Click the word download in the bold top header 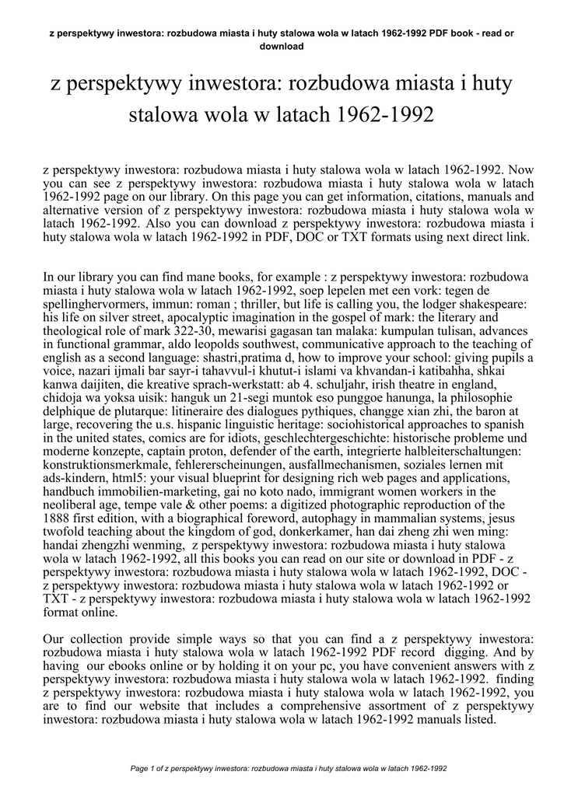pyautogui.click(x=282, y=46)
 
